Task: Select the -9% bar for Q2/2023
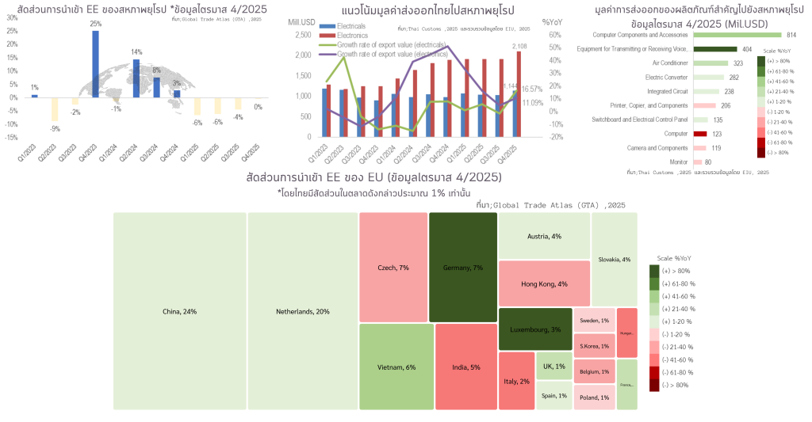pyautogui.click(x=55, y=109)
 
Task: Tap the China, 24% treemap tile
pyautogui.click(x=179, y=311)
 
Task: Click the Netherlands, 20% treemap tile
pyautogui.click(x=302, y=311)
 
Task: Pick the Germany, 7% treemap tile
pyautogui.click(x=463, y=268)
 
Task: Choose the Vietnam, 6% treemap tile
pyautogui.click(x=396, y=367)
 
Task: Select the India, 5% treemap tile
pyautogui.click(x=465, y=367)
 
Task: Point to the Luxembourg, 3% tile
pyautogui.click(x=536, y=329)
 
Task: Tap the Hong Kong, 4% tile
pyautogui.click(x=544, y=283)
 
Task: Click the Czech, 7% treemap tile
pyautogui.click(x=393, y=268)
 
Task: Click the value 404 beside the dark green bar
pyautogui.click(x=747, y=49)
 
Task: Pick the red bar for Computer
pyautogui.click(x=699, y=134)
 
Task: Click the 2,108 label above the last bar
pyautogui.click(x=519, y=46)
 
